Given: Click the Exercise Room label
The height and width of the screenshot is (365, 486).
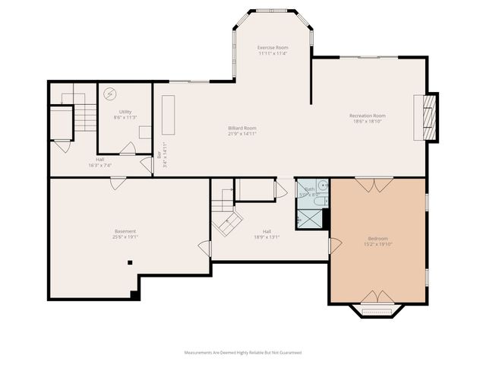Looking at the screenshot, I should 271,47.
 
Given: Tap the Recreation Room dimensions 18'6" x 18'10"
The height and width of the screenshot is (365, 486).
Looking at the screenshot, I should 368,121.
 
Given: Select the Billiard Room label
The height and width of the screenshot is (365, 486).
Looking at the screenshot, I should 242,128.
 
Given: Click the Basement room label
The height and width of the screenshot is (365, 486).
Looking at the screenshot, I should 125,231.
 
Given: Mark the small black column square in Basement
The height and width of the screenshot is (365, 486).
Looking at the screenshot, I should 130,262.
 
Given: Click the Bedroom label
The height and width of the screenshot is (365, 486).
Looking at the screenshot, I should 377,239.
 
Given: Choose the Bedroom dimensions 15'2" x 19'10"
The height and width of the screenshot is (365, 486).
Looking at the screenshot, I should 377,245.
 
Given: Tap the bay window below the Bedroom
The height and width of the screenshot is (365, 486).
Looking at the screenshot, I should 377,310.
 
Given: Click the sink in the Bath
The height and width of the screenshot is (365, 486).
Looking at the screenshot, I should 322,185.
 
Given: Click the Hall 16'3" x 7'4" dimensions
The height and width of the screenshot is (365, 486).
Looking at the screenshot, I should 99,165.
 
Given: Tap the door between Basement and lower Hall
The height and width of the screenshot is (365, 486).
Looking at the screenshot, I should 204,248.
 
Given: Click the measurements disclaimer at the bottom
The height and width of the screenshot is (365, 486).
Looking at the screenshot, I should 243,353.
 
